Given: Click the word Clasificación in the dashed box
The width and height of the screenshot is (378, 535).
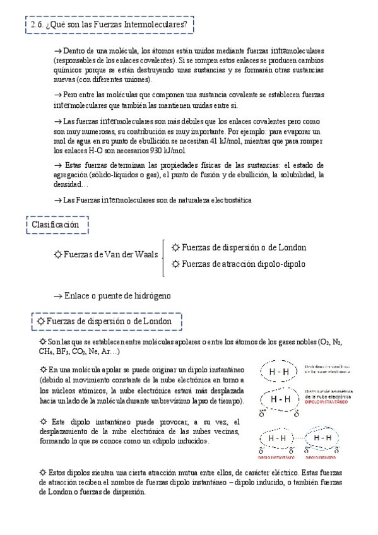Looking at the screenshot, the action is point(56,224).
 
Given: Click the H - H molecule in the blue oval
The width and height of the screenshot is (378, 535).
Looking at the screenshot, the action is point(322,438).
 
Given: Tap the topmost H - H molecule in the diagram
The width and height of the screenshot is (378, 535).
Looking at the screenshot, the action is point(278,372).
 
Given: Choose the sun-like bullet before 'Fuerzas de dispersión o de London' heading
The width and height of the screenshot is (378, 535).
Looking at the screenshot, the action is point(40,321).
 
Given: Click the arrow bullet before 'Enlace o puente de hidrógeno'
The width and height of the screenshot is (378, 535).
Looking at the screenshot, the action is point(60,295).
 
